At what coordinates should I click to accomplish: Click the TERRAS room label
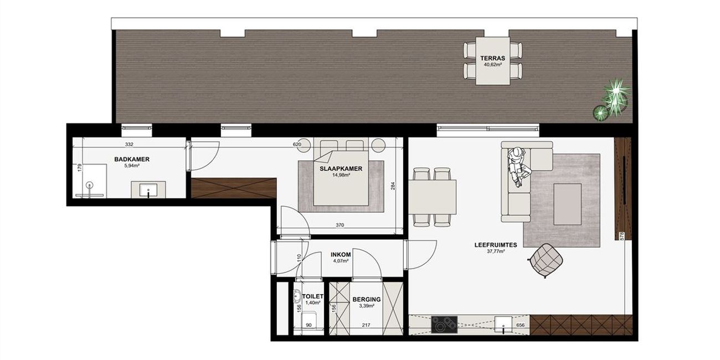click(x=493, y=58)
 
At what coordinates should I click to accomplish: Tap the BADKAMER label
click(x=132, y=159)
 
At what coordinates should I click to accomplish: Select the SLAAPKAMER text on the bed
click(x=341, y=169)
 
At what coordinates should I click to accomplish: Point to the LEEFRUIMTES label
click(x=496, y=245)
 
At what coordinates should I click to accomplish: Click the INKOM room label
click(x=341, y=255)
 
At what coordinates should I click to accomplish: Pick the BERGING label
click(x=367, y=299)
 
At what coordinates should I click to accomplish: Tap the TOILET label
click(x=313, y=297)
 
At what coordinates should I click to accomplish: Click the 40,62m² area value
click(x=493, y=64)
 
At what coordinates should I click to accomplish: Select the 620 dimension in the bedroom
click(x=297, y=145)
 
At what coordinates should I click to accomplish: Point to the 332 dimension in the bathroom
click(x=129, y=145)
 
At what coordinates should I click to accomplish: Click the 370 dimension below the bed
click(x=340, y=225)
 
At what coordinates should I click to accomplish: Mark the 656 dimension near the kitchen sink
click(x=521, y=325)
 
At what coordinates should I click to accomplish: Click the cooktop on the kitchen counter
click(x=444, y=325)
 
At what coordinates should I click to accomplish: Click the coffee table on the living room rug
click(x=567, y=204)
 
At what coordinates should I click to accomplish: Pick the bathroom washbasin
click(x=148, y=189)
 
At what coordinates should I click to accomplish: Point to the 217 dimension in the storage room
click(x=366, y=325)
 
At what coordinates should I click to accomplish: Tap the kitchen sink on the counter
click(x=503, y=325)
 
